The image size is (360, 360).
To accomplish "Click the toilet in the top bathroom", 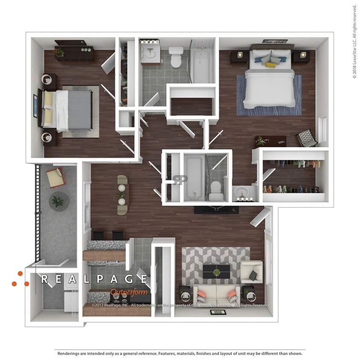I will point(176,57).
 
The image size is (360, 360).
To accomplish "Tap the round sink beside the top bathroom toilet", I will point(150,55).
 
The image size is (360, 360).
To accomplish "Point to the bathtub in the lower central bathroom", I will point(194,177).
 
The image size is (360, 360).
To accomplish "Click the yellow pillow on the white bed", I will point(270,65).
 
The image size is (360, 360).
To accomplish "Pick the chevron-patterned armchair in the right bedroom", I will point(306,137).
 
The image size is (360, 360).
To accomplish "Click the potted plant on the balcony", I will point(58,200).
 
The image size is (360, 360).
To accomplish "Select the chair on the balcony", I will point(56,177).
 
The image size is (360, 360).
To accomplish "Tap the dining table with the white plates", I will point(122,195).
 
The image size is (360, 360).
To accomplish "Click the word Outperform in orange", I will point(129,292).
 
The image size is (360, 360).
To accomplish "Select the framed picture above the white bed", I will point(272,41).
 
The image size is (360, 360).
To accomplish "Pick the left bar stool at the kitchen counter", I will point(98,235).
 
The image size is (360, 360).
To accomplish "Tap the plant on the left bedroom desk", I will point(59,52).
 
